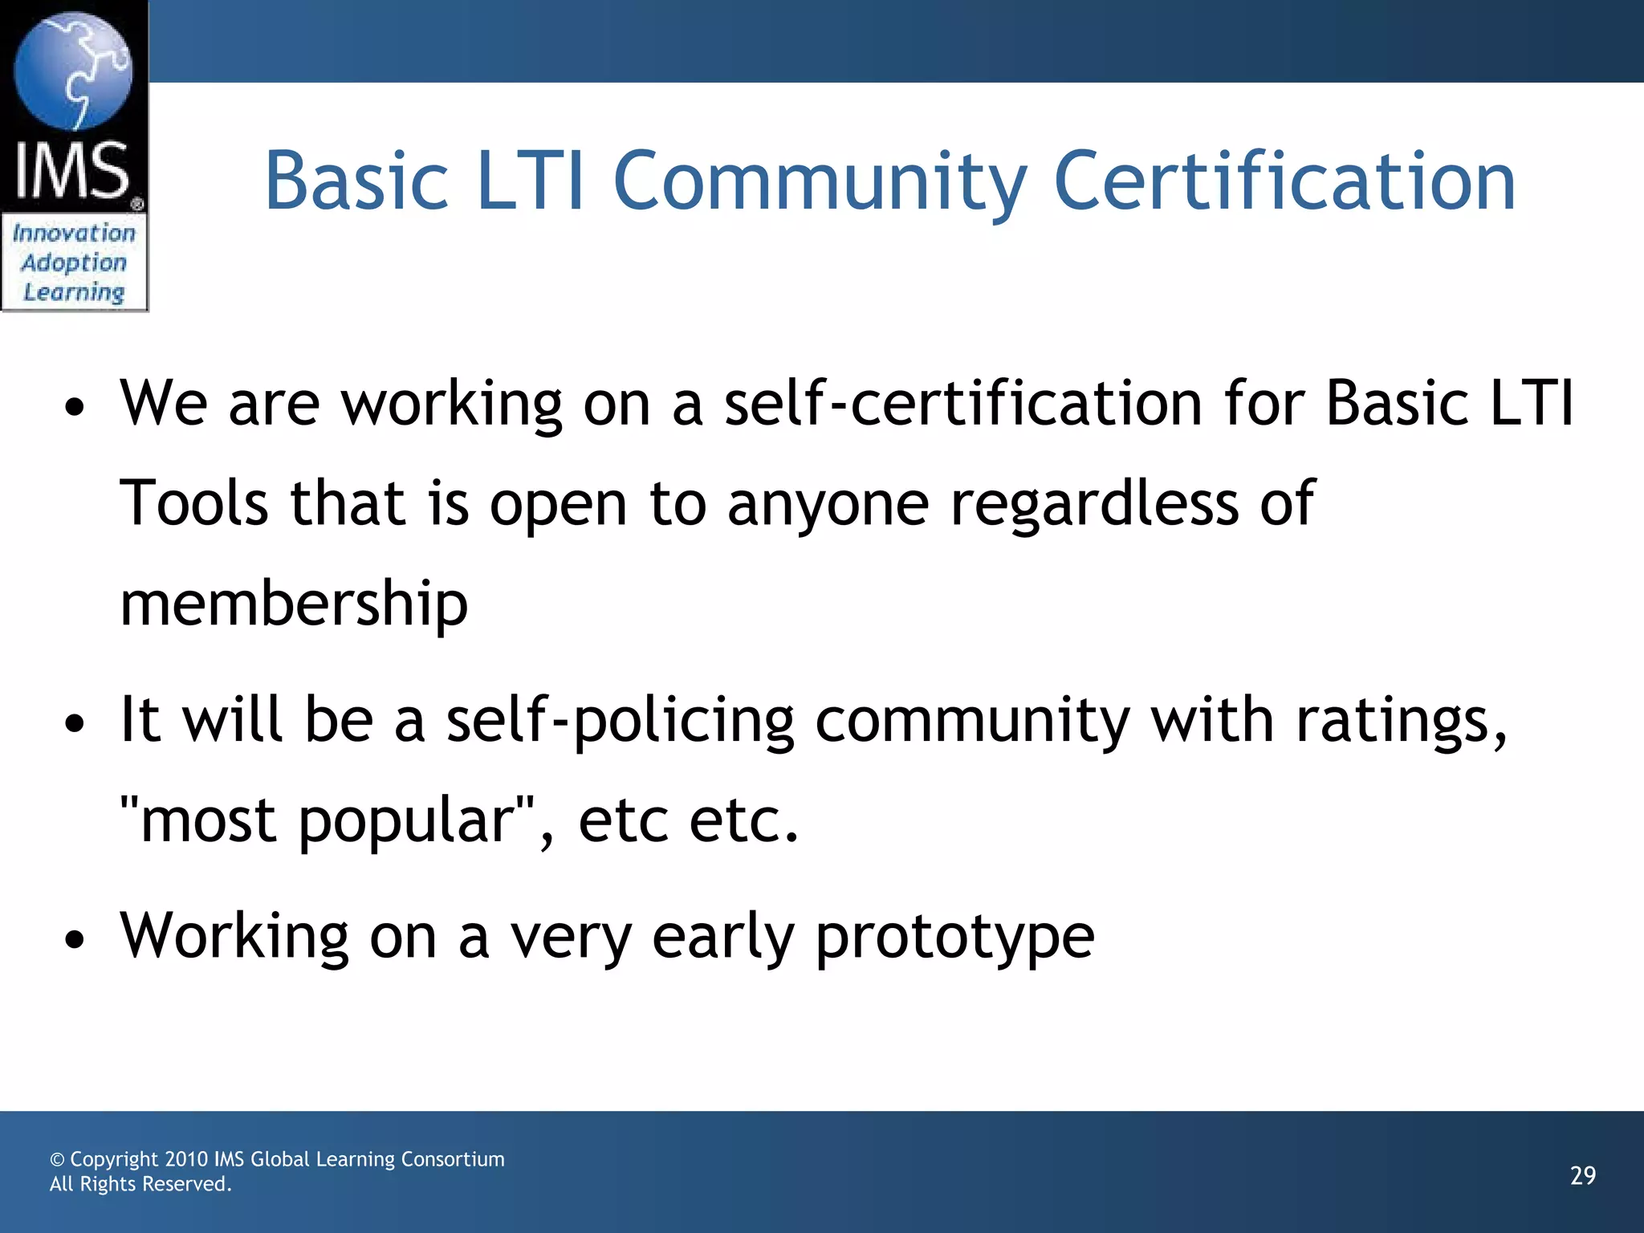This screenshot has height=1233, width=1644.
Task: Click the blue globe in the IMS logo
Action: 73,72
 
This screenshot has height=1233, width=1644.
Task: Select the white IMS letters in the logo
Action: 72,170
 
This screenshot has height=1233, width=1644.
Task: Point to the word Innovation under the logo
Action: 74,233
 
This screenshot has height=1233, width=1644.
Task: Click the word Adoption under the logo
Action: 74,262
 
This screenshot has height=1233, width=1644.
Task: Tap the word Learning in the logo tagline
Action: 74,292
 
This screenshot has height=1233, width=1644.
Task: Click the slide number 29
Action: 1583,1176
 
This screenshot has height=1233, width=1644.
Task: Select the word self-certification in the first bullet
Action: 963,403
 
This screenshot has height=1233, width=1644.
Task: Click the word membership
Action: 294,604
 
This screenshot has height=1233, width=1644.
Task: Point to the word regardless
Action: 1095,503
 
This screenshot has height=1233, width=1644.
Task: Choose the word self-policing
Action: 620,719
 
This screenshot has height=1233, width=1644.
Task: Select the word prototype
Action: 955,936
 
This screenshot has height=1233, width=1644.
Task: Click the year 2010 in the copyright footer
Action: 185,1159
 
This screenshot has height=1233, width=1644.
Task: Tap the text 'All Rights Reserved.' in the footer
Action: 140,1184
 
